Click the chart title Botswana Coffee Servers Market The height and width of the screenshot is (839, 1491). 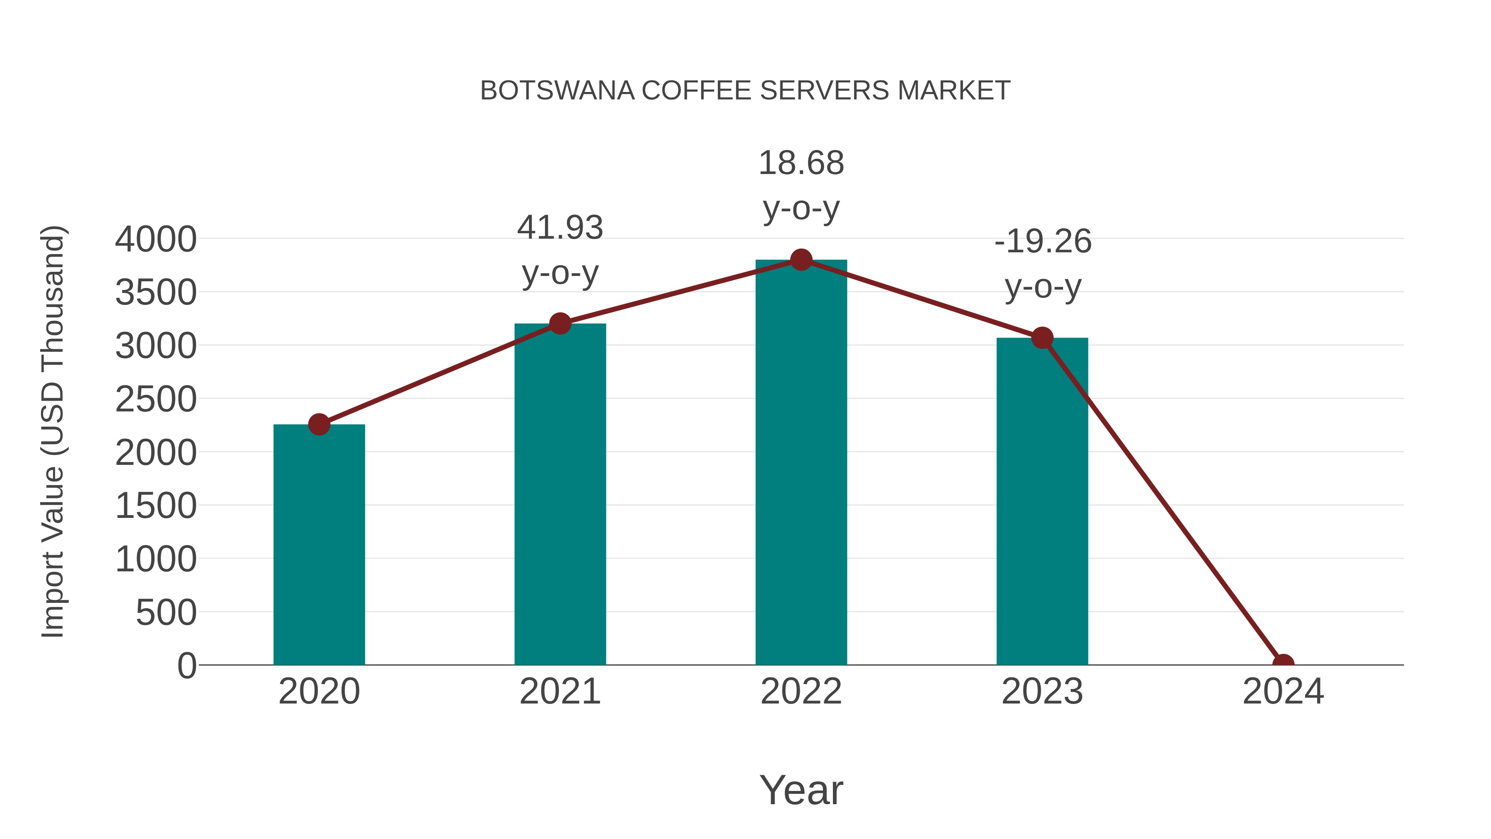click(x=745, y=91)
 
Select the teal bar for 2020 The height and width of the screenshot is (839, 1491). click(x=319, y=544)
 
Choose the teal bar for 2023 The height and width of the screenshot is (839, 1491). click(x=1042, y=501)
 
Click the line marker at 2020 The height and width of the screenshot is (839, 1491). click(x=319, y=424)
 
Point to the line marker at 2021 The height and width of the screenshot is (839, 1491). click(x=560, y=323)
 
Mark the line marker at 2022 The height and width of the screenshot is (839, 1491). click(x=801, y=260)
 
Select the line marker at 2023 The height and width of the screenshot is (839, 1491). click(x=1042, y=338)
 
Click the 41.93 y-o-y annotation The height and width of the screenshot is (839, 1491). click(x=560, y=250)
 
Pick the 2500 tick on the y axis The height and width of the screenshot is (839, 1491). click(x=156, y=399)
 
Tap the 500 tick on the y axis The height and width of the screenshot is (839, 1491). click(x=166, y=613)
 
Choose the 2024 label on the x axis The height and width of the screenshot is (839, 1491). click(x=1283, y=692)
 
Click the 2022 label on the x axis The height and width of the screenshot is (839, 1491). click(x=801, y=692)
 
